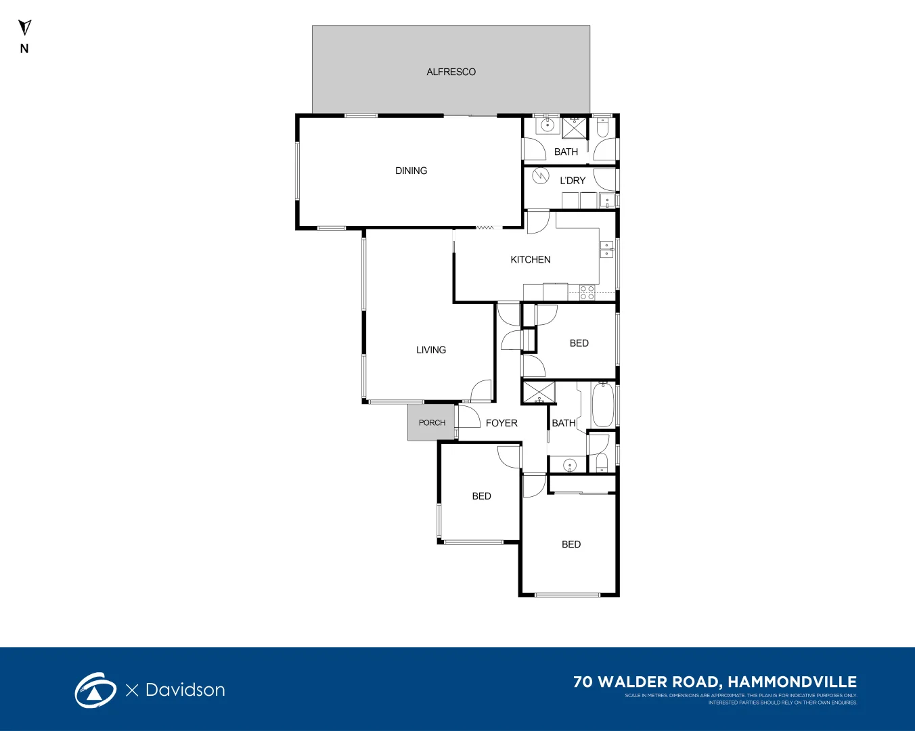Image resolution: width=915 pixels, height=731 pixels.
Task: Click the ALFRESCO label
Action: pyautogui.click(x=451, y=72)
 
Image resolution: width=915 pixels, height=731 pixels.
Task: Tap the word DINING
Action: pyautogui.click(x=411, y=171)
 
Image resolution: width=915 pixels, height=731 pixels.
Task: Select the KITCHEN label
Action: pyautogui.click(x=530, y=259)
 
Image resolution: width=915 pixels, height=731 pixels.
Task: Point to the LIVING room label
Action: pyautogui.click(x=430, y=350)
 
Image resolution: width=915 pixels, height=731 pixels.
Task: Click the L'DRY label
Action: pyautogui.click(x=572, y=181)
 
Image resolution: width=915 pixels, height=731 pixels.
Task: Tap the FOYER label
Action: pyautogui.click(x=501, y=423)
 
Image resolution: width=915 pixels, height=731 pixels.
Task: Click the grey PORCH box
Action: pyautogui.click(x=431, y=422)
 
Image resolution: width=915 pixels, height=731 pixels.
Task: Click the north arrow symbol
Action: pyautogui.click(x=24, y=28)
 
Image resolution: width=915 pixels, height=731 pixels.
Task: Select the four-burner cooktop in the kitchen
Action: pyautogui.click(x=587, y=292)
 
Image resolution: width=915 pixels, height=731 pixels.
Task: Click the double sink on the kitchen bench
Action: pyautogui.click(x=607, y=250)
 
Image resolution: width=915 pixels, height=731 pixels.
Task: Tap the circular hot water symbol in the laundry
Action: pyautogui.click(x=540, y=176)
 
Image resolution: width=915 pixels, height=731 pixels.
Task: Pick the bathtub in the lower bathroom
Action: pyautogui.click(x=602, y=405)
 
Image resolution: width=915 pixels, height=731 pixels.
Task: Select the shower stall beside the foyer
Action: pyautogui.click(x=539, y=393)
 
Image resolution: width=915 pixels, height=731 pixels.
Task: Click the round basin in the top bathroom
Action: pyautogui.click(x=548, y=125)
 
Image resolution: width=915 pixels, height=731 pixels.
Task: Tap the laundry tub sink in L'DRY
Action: pyautogui.click(x=607, y=200)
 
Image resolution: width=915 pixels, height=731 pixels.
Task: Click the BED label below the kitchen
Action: pyautogui.click(x=579, y=343)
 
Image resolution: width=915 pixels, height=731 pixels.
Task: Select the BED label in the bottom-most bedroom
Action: pyautogui.click(x=571, y=544)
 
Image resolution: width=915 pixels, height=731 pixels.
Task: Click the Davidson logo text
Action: pyautogui.click(x=185, y=690)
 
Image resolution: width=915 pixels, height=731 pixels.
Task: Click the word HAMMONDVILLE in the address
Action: pyautogui.click(x=792, y=682)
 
